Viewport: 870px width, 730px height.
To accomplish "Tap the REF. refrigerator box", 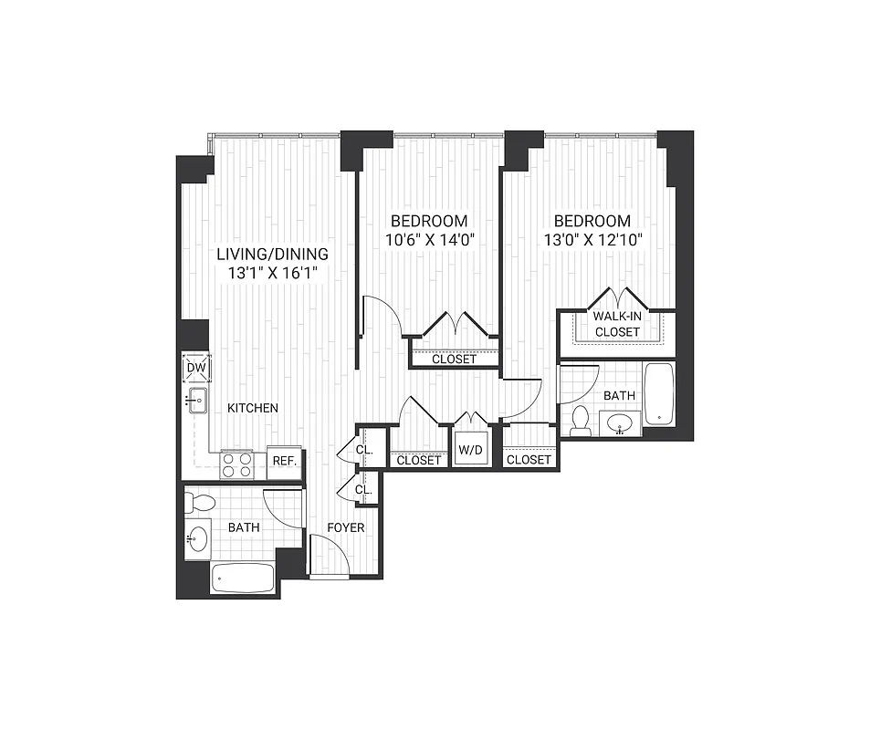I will (285, 461).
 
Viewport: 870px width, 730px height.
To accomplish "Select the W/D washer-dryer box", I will (471, 450).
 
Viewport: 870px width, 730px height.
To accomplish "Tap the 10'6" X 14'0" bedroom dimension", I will (429, 241).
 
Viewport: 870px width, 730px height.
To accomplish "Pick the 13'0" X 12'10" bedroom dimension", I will (592, 241).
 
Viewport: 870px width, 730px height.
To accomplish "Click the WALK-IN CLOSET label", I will (617, 324).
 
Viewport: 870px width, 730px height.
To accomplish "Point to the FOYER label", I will (347, 528).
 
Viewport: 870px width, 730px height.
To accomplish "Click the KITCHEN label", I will (253, 408).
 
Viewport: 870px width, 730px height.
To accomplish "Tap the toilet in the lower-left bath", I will (199, 501).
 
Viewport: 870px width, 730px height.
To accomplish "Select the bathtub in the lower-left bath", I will (242, 578).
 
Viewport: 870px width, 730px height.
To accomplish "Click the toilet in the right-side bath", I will (580, 421).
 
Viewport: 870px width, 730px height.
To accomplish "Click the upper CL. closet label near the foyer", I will (363, 451).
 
